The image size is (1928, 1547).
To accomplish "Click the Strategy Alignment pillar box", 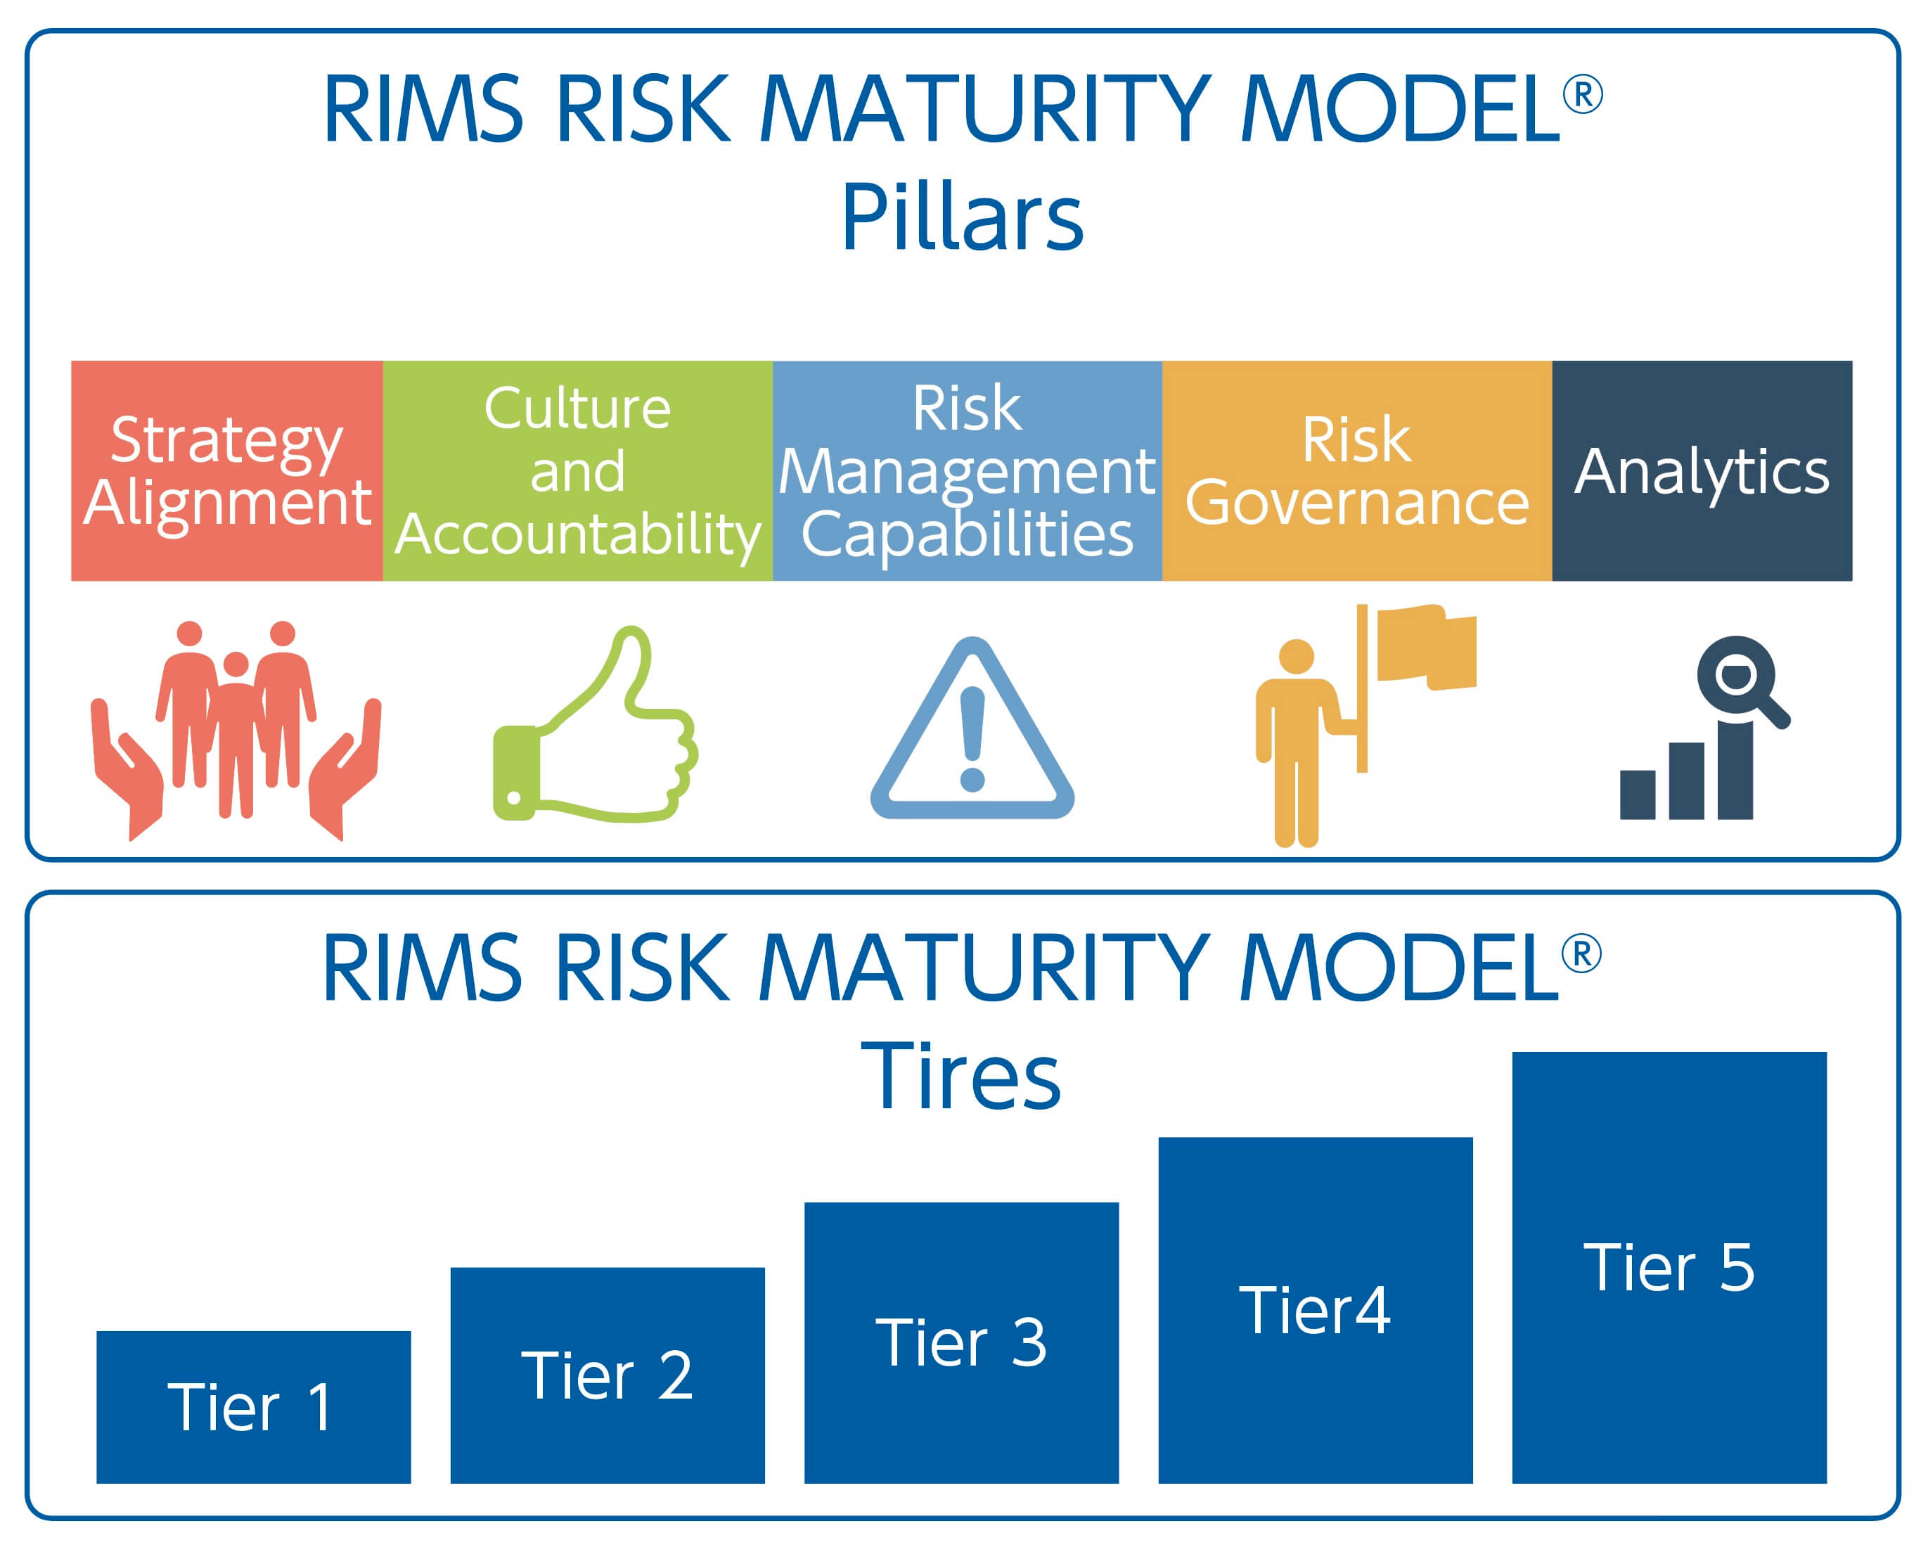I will tap(226, 470).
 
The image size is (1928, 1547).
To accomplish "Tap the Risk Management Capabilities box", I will tap(967, 470).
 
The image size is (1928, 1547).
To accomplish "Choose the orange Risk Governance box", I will tap(1356, 470).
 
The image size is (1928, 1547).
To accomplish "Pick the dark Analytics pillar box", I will tap(1702, 470).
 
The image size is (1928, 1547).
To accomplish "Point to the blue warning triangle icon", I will tap(972, 733).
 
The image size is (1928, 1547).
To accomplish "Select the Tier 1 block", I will tap(253, 1408).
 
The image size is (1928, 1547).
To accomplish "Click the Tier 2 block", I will tap(608, 1375).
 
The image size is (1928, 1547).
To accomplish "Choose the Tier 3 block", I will tap(961, 1343).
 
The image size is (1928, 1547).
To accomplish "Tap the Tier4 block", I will tap(1316, 1311).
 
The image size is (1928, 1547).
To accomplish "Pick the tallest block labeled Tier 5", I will tap(1669, 1268).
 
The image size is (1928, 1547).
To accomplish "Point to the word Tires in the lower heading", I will tap(960, 1077).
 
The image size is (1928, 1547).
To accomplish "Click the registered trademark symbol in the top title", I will tap(1582, 95).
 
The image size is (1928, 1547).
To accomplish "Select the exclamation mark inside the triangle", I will tap(972, 738).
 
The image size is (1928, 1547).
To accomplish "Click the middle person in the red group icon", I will tap(236, 733).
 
